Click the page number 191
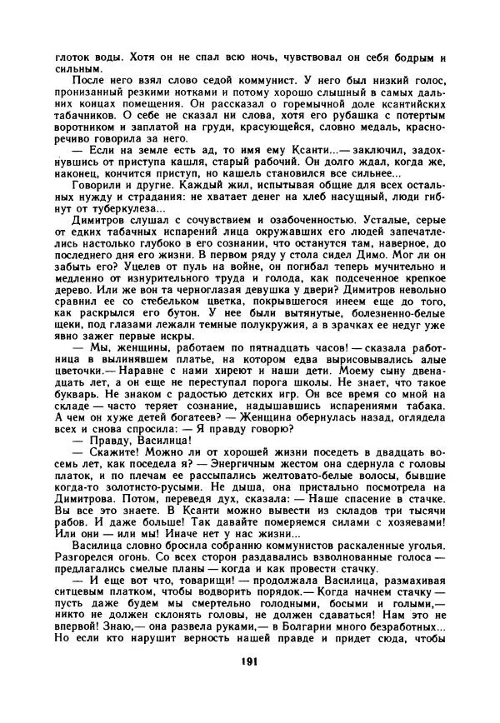(250, 685)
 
